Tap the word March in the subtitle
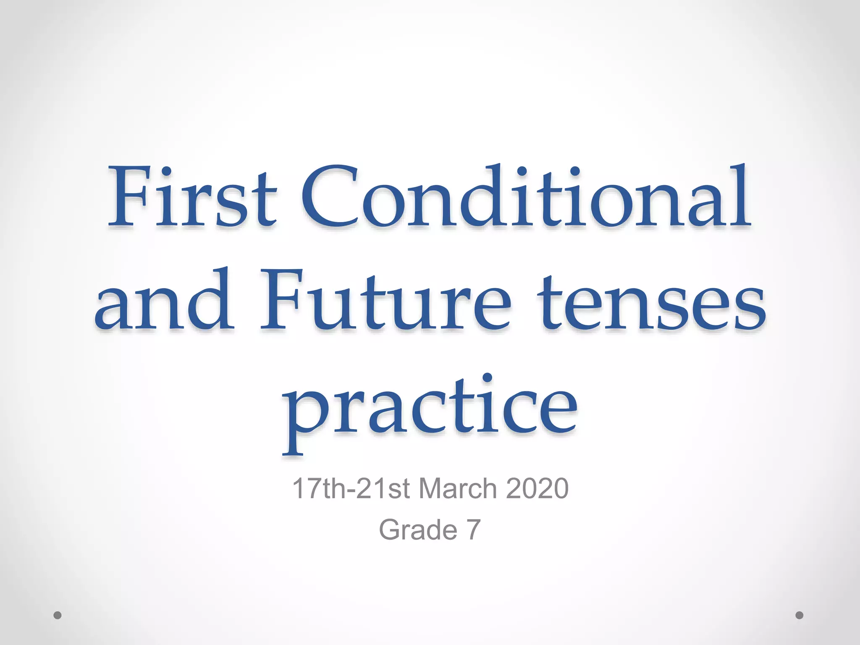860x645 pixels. click(x=458, y=488)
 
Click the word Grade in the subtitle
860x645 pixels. click(x=418, y=530)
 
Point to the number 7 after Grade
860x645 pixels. click(x=473, y=530)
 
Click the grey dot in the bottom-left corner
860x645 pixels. click(x=58, y=615)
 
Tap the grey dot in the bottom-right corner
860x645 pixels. click(x=800, y=615)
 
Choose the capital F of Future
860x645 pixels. click(x=286, y=300)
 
